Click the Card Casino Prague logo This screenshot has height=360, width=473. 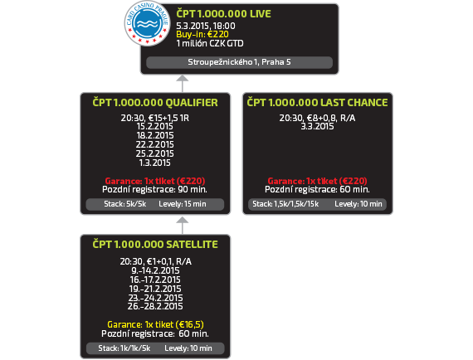[x=148, y=23]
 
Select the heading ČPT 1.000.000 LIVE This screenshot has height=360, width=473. [x=223, y=13]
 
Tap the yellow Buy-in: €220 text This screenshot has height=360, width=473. [x=202, y=34]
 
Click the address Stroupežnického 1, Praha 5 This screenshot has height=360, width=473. [x=239, y=62]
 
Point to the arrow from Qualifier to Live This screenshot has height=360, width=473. [x=183, y=84]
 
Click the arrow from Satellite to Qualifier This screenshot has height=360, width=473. [x=183, y=226]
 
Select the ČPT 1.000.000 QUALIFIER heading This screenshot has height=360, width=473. [x=155, y=103]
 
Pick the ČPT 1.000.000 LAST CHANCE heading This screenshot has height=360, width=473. [x=317, y=103]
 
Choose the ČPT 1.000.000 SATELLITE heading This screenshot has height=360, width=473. [x=155, y=244]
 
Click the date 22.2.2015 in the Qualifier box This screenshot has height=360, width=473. [x=154, y=144]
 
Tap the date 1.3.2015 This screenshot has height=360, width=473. [x=154, y=163]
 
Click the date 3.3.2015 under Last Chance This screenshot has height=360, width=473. [x=317, y=126]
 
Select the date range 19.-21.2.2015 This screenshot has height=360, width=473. [x=155, y=289]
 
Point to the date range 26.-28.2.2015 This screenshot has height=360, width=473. [x=155, y=306]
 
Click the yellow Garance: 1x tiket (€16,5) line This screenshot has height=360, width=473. [x=155, y=324]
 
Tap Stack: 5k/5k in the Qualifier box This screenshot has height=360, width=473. [x=124, y=204]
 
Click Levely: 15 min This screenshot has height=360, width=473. [x=183, y=204]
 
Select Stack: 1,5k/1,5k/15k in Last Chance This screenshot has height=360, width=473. [x=285, y=204]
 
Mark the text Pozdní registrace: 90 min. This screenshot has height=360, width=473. [x=154, y=190]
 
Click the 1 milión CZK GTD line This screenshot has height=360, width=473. [x=210, y=43]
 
